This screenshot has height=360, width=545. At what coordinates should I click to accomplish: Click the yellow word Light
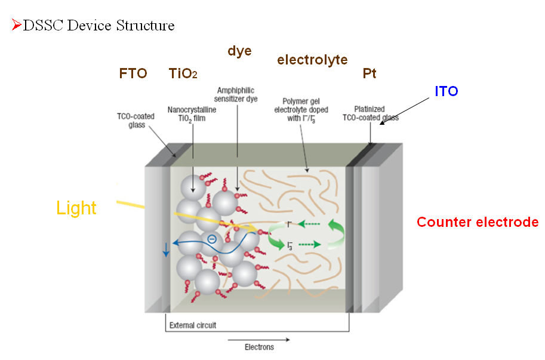coord(76,208)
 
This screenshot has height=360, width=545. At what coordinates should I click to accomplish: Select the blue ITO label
coord(447,91)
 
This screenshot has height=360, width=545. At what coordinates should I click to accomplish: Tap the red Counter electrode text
coord(478,222)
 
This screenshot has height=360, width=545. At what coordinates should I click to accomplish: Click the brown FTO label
coord(133,73)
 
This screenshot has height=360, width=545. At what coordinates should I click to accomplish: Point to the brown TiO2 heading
coord(183,73)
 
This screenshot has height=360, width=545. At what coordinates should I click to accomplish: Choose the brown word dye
coord(239,51)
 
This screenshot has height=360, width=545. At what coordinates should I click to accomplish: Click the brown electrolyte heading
coord(312,60)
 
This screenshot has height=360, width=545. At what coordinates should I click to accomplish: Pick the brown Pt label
coord(370,73)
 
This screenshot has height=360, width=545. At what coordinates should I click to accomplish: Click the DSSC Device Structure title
coord(98,26)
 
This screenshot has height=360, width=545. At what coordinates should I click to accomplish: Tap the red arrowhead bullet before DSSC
coord(17,25)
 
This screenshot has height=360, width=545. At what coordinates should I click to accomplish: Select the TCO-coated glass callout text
coord(136,121)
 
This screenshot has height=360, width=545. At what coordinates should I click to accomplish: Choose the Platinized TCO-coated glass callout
coord(370,113)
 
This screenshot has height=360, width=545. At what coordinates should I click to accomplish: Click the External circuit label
coord(193,325)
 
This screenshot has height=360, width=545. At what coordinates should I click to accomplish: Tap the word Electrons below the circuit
coord(259,347)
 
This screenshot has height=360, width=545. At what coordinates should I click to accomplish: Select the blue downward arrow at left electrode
coord(166,249)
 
